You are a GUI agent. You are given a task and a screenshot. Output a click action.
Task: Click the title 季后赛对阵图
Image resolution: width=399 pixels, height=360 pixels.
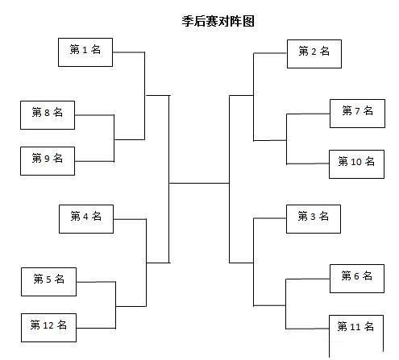(218, 21)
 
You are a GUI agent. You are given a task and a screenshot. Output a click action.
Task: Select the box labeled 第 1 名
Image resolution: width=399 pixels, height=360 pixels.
(85, 52)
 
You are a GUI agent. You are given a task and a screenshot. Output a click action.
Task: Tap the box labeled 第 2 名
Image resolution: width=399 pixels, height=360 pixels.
(314, 54)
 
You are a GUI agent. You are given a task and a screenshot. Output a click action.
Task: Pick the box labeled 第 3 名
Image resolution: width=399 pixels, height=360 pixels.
(314, 219)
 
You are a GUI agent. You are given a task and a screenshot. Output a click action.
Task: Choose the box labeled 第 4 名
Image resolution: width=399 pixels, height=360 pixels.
(86, 219)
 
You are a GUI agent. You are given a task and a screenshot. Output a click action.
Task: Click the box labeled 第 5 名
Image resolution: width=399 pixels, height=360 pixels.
(48, 282)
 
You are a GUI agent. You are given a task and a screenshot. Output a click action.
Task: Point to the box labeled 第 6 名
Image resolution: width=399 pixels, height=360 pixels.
(357, 279)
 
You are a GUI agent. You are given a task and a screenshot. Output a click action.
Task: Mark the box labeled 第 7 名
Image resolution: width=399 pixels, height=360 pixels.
(357, 114)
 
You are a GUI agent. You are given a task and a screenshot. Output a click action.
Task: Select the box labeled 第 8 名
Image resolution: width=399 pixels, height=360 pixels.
(48, 115)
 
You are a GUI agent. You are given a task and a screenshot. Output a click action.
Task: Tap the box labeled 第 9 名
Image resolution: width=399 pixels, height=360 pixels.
(48, 161)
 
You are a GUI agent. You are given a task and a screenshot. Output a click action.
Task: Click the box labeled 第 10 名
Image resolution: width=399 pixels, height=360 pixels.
(356, 164)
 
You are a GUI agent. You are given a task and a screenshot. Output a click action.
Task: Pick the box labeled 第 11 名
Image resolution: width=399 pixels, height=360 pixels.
(356, 337)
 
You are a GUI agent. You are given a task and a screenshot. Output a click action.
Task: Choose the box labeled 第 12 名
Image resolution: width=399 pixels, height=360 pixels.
(48, 328)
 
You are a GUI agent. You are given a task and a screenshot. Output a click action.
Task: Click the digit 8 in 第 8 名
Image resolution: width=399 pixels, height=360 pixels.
(47, 113)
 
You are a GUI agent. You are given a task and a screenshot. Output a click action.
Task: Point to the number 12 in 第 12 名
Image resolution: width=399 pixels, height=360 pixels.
(48, 325)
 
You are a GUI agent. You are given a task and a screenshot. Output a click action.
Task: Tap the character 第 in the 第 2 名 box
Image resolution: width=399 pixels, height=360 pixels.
(304, 51)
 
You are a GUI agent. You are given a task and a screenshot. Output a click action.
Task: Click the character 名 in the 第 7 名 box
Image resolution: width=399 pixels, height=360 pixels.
(368, 110)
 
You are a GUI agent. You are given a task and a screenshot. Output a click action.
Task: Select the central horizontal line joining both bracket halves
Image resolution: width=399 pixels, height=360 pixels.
(199, 184)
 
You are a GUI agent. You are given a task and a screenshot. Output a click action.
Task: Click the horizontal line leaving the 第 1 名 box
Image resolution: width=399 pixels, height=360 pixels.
(129, 52)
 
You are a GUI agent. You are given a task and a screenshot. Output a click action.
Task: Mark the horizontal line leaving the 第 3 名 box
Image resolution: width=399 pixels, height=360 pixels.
(270, 218)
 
